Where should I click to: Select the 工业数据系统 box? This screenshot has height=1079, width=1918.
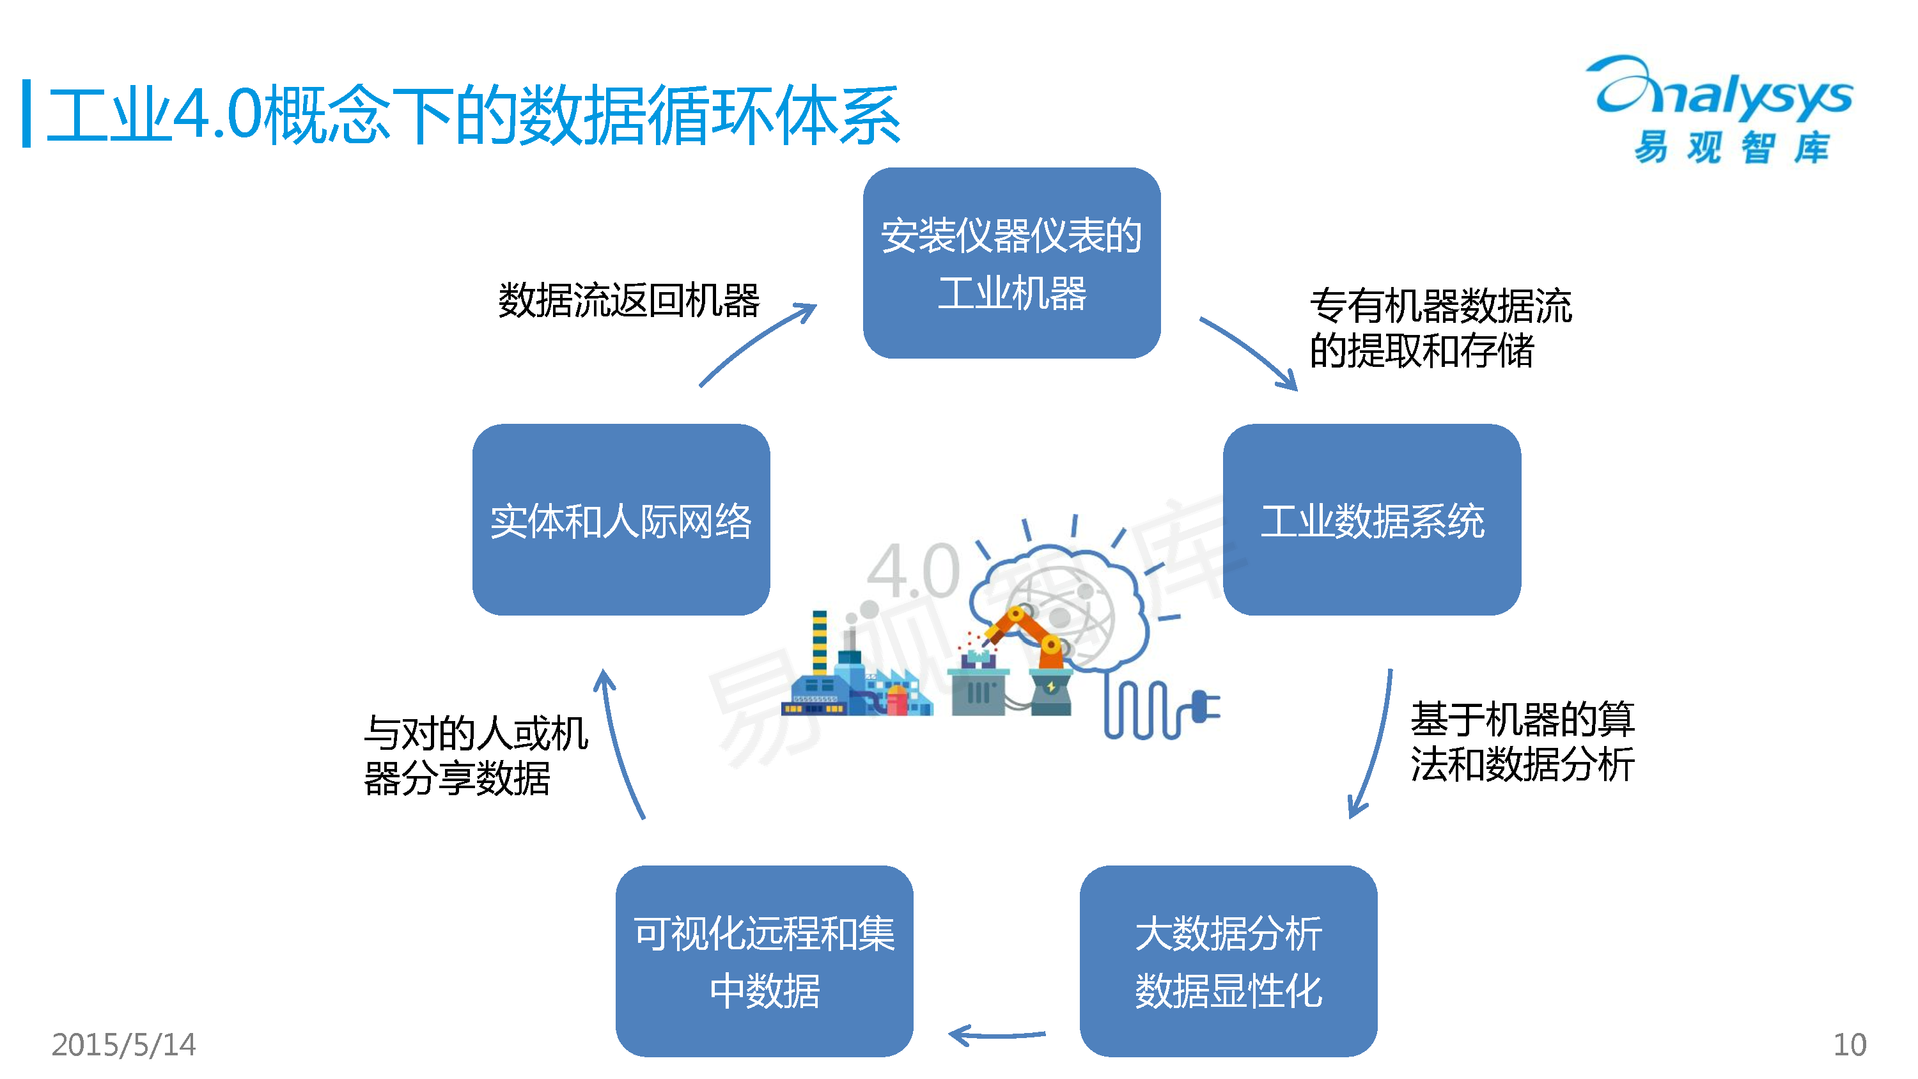pos(1371,520)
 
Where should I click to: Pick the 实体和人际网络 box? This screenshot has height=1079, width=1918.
pos(620,520)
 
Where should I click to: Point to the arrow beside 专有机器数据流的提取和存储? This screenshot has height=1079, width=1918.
pos(1249,353)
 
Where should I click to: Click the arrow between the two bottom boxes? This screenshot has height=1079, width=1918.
pos(996,1034)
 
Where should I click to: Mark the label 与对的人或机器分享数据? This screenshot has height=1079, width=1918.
pos(475,755)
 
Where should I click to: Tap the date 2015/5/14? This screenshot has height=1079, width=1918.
pos(123,1044)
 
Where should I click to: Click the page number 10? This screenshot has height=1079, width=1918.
pos(1849,1044)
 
